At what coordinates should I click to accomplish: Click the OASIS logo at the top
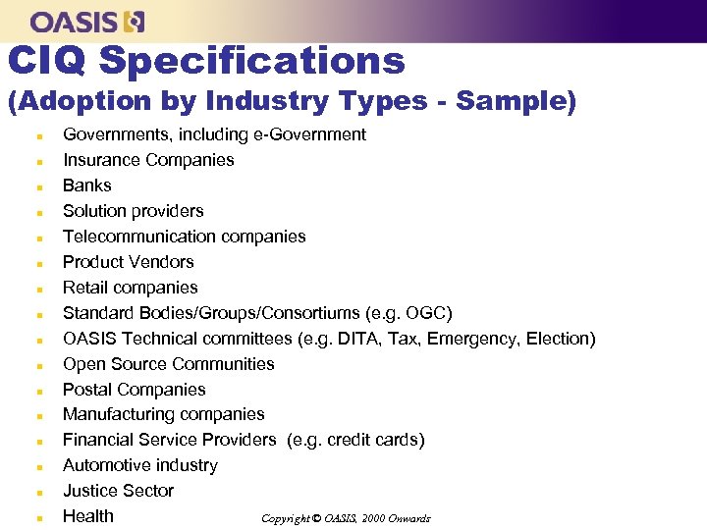[x=87, y=21]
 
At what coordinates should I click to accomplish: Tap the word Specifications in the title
[x=252, y=61]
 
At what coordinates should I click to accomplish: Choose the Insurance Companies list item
[x=148, y=160]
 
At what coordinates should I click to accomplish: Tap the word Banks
[x=87, y=185]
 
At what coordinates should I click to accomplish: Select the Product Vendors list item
[x=129, y=262]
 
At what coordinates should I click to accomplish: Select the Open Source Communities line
[x=169, y=364]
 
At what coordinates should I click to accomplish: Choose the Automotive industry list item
[x=140, y=465]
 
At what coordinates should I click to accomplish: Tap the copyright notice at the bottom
[x=346, y=518]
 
